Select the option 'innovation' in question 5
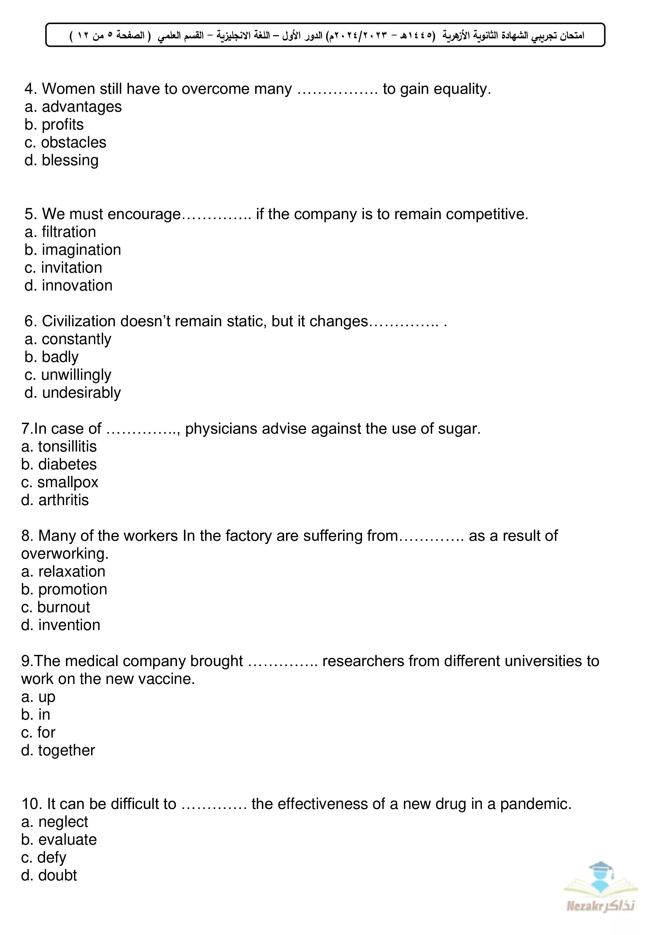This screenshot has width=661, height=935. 77,285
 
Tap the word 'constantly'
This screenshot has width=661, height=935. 76,339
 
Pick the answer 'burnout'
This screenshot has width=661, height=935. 63,607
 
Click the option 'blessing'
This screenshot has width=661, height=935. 70,160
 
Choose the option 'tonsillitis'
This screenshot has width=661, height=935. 67,447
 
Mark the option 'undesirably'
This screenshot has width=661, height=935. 82,393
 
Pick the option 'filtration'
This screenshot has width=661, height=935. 69,232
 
